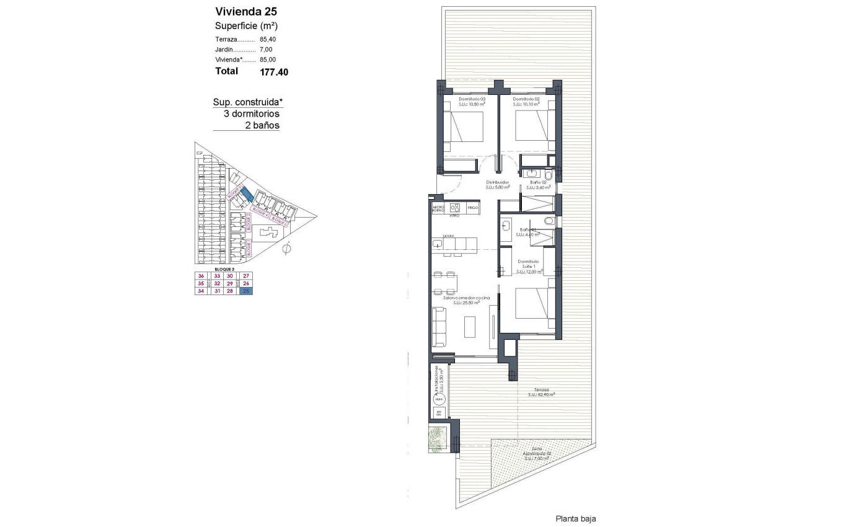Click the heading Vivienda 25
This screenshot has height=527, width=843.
coord(245,11)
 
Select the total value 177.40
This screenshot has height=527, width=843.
coord(274,72)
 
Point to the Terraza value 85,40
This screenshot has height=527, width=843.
coord(268,38)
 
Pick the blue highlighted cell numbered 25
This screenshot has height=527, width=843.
coord(247,291)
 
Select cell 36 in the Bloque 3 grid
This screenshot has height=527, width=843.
coord(201,276)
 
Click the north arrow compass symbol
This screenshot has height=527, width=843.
coord(286,250)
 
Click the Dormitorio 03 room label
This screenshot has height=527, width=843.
coord(472,99)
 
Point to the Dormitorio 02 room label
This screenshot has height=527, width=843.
coord(527,99)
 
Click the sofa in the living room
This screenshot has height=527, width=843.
coord(439,327)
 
